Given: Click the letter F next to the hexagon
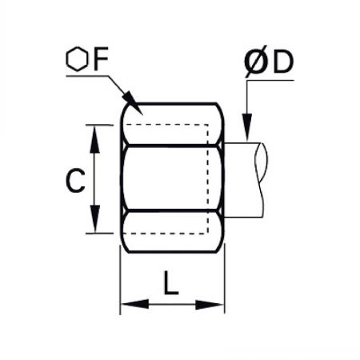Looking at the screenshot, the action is tap(101, 58).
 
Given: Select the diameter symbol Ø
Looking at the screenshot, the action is tap(256, 62).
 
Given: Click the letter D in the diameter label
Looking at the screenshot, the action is tap(283, 62).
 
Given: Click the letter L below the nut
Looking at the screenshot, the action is tap(170, 283).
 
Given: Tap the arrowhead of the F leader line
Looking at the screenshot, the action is tap(134, 103).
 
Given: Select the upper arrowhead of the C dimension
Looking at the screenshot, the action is tap(94, 139).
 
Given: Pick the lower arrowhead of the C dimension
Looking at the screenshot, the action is tap(94, 218).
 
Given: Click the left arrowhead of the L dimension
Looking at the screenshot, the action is tap(134, 304).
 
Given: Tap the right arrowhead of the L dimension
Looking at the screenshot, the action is tap(210, 305).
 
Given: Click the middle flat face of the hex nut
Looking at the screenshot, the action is tap(172, 178).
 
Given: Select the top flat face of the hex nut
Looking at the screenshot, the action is tap(172, 124).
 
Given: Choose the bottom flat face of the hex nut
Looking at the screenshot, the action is tap(172, 231).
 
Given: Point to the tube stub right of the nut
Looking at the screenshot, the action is tap(243, 180).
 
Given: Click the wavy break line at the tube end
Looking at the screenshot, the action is tap(262, 180).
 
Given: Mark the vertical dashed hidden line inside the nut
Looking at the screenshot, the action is tap(208, 179).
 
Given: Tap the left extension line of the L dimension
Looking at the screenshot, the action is tap(120, 280).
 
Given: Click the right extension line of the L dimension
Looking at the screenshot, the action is tap(225, 278).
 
